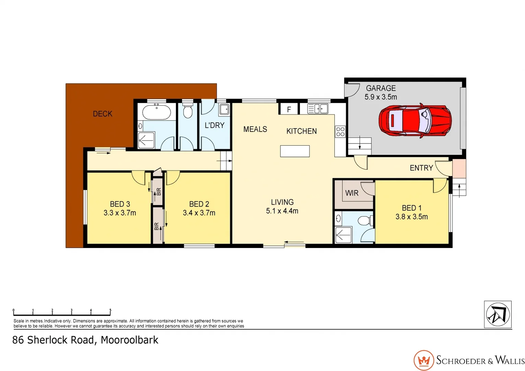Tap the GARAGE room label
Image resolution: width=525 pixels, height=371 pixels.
[381, 88]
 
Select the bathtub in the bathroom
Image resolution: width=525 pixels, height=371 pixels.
[156, 112]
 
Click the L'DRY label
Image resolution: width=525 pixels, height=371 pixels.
[214, 125]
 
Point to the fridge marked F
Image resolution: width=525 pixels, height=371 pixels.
[289, 109]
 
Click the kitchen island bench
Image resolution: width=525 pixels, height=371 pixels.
[295, 151]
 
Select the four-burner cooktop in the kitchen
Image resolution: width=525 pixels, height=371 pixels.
[340, 132]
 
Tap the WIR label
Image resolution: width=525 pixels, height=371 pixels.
[351, 193]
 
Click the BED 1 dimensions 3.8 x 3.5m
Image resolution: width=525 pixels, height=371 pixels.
[411, 217]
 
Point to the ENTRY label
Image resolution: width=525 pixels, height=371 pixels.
[421, 168]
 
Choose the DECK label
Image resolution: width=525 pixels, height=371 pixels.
[102, 114]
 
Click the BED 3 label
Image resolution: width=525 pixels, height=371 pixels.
[120, 204]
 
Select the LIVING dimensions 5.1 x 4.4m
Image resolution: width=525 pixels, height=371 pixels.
[282, 211]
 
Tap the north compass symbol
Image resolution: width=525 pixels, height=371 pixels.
[498, 314]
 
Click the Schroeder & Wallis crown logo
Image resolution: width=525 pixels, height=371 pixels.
[424, 360]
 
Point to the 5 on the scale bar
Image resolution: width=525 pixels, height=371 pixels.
[110, 310]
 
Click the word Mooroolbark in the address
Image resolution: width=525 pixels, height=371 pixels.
[130, 340]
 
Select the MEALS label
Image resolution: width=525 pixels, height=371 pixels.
[255, 129]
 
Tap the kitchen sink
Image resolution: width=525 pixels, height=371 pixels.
[318, 109]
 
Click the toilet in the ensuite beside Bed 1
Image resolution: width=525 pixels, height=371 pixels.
[365, 220]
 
